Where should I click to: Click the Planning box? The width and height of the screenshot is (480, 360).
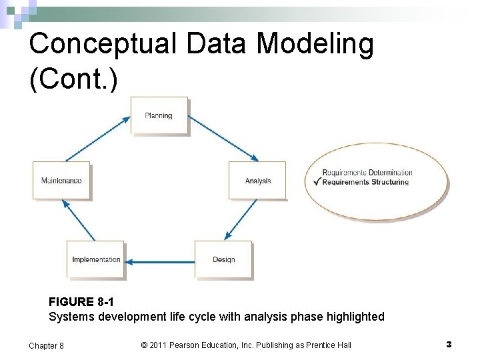(159, 115)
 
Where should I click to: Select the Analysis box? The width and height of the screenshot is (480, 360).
(257, 181)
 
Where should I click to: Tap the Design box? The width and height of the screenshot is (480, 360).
(223, 259)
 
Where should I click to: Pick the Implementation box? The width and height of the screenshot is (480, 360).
(96, 259)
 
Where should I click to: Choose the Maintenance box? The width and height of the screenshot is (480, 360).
(61, 181)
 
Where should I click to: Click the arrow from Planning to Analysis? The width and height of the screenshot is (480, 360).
(224, 139)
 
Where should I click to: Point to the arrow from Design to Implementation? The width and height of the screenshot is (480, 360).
(160, 261)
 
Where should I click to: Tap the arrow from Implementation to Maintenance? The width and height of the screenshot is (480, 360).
(79, 220)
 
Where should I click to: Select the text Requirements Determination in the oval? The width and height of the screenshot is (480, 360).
(367, 173)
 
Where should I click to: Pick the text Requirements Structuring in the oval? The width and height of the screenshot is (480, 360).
(365, 182)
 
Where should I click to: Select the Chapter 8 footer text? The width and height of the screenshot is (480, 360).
(47, 345)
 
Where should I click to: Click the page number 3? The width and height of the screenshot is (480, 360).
(449, 344)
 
